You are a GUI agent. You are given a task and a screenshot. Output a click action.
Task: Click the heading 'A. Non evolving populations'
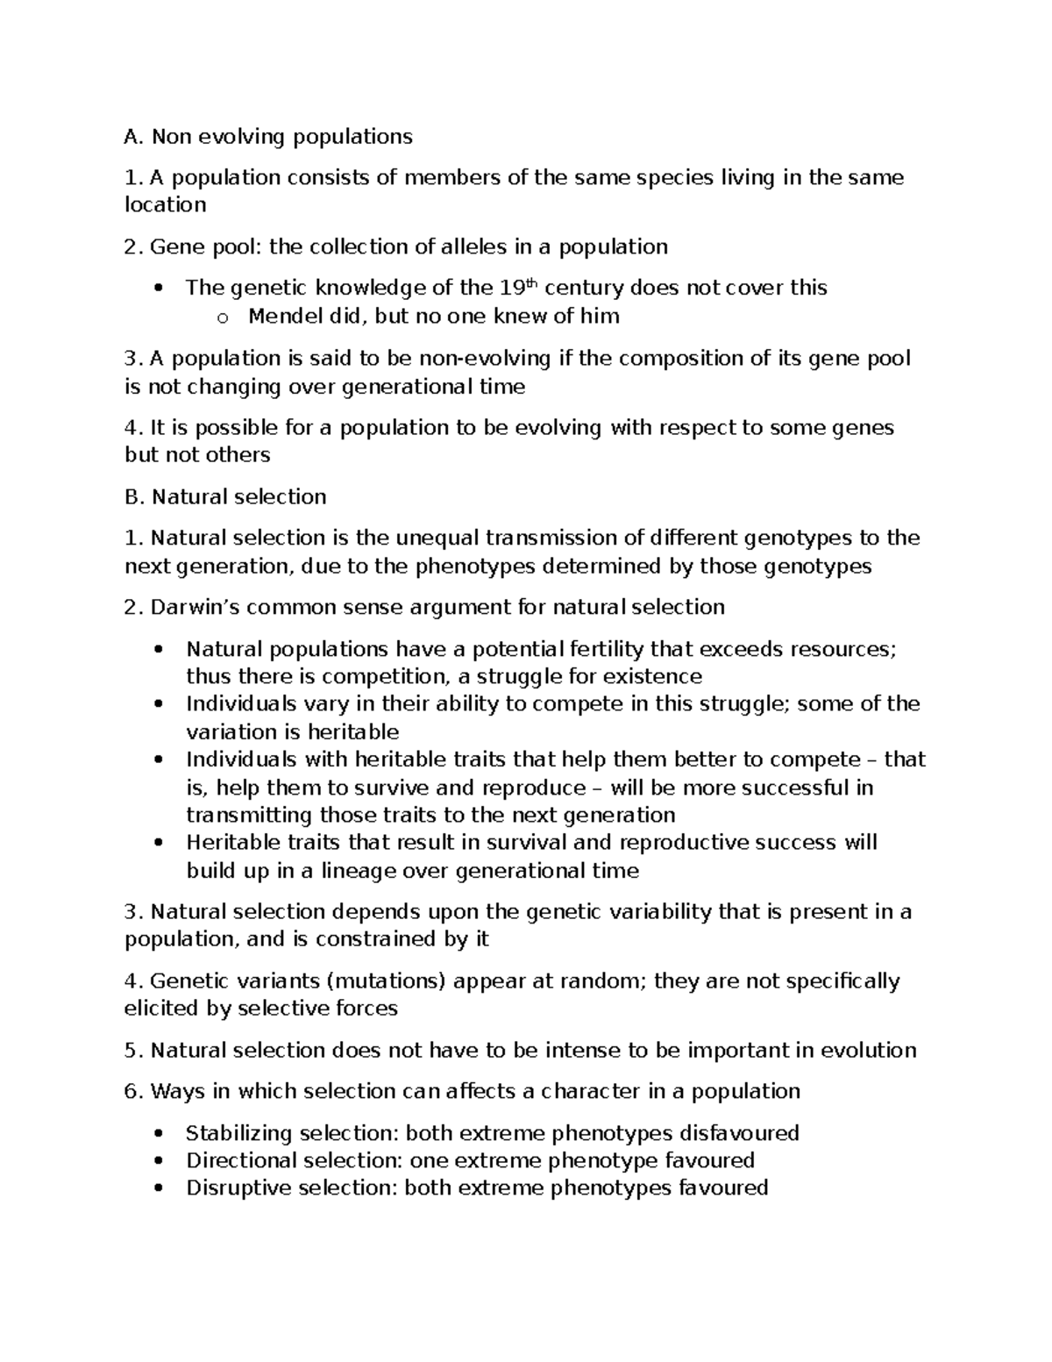[x=268, y=137]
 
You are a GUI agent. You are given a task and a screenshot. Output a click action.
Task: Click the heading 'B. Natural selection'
[x=225, y=497]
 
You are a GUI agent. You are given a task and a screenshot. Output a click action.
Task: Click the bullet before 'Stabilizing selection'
[x=158, y=1134]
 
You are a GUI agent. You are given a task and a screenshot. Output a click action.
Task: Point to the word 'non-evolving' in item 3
[x=485, y=359]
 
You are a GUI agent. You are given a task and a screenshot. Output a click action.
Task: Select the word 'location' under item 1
[x=166, y=205]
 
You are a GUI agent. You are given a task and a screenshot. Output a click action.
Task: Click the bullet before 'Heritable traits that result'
[x=158, y=843]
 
